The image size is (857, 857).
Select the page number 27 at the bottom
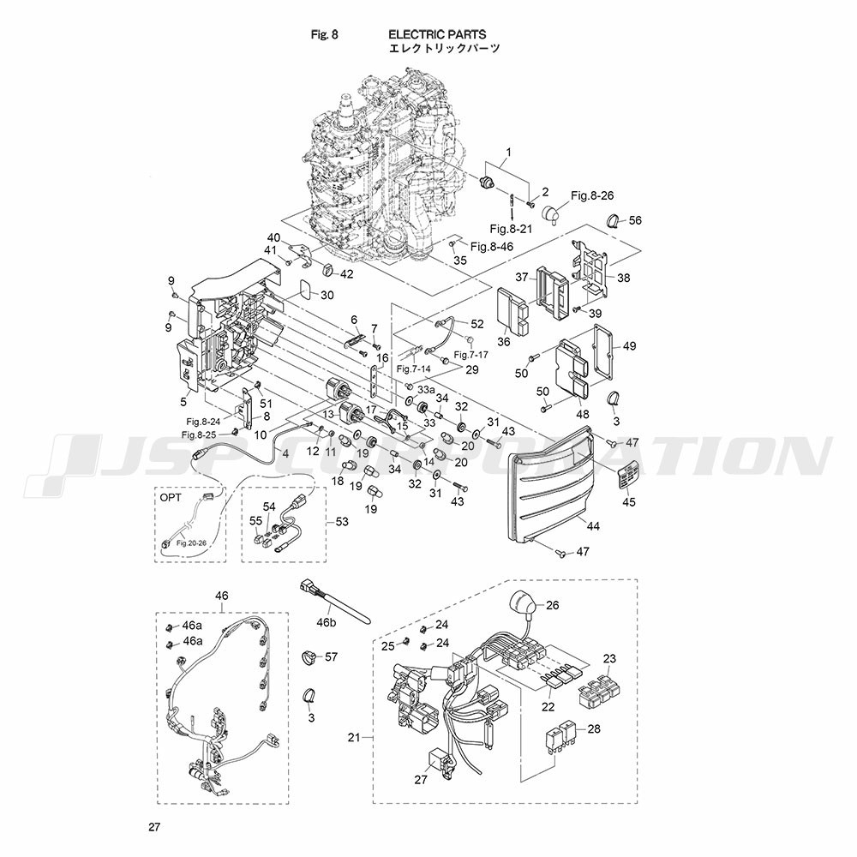pyautogui.click(x=154, y=828)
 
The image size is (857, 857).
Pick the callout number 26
pyautogui.click(x=552, y=605)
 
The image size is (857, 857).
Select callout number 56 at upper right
pyautogui.click(x=635, y=220)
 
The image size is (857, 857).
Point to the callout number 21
pyautogui.click(x=355, y=737)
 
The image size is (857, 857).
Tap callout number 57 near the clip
pyautogui.click(x=331, y=657)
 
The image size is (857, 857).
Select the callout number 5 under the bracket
pyautogui.click(x=183, y=401)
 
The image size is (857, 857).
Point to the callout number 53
pyautogui.click(x=342, y=520)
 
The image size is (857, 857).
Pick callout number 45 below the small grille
pyautogui.click(x=628, y=502)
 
